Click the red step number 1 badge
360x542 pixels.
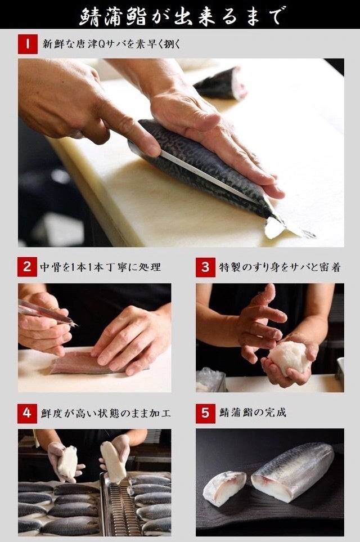click(x=28, y=44)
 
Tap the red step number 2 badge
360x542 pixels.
click(x=28, y=267)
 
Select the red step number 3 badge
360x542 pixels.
click(x=205, y=267)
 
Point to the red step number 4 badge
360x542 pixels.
click(x=28, y=413)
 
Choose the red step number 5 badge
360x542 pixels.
click(x=205, y=413)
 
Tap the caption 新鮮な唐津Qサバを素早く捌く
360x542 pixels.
click(x=111, y=44)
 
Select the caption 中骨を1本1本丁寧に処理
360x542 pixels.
click(x=101, y=267)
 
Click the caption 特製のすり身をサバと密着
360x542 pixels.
click(x=280, y=267)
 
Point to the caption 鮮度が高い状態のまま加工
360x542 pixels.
click(x=106, y=413)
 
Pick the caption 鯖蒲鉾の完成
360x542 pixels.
click(x=253, y=413)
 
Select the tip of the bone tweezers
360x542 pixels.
click(x=76, y=325)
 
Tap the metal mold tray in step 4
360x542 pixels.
click(x=119, y=505)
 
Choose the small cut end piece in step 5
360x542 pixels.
click(x=224, y=488)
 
